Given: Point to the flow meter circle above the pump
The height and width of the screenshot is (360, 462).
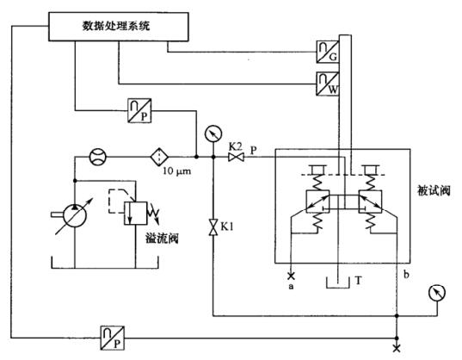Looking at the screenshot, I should click(97, 158).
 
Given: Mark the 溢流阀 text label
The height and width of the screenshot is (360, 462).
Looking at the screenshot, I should click(161, 238).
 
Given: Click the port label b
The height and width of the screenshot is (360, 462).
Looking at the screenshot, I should click(404, 274).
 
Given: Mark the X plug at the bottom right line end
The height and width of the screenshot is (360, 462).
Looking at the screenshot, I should click(396, 347).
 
